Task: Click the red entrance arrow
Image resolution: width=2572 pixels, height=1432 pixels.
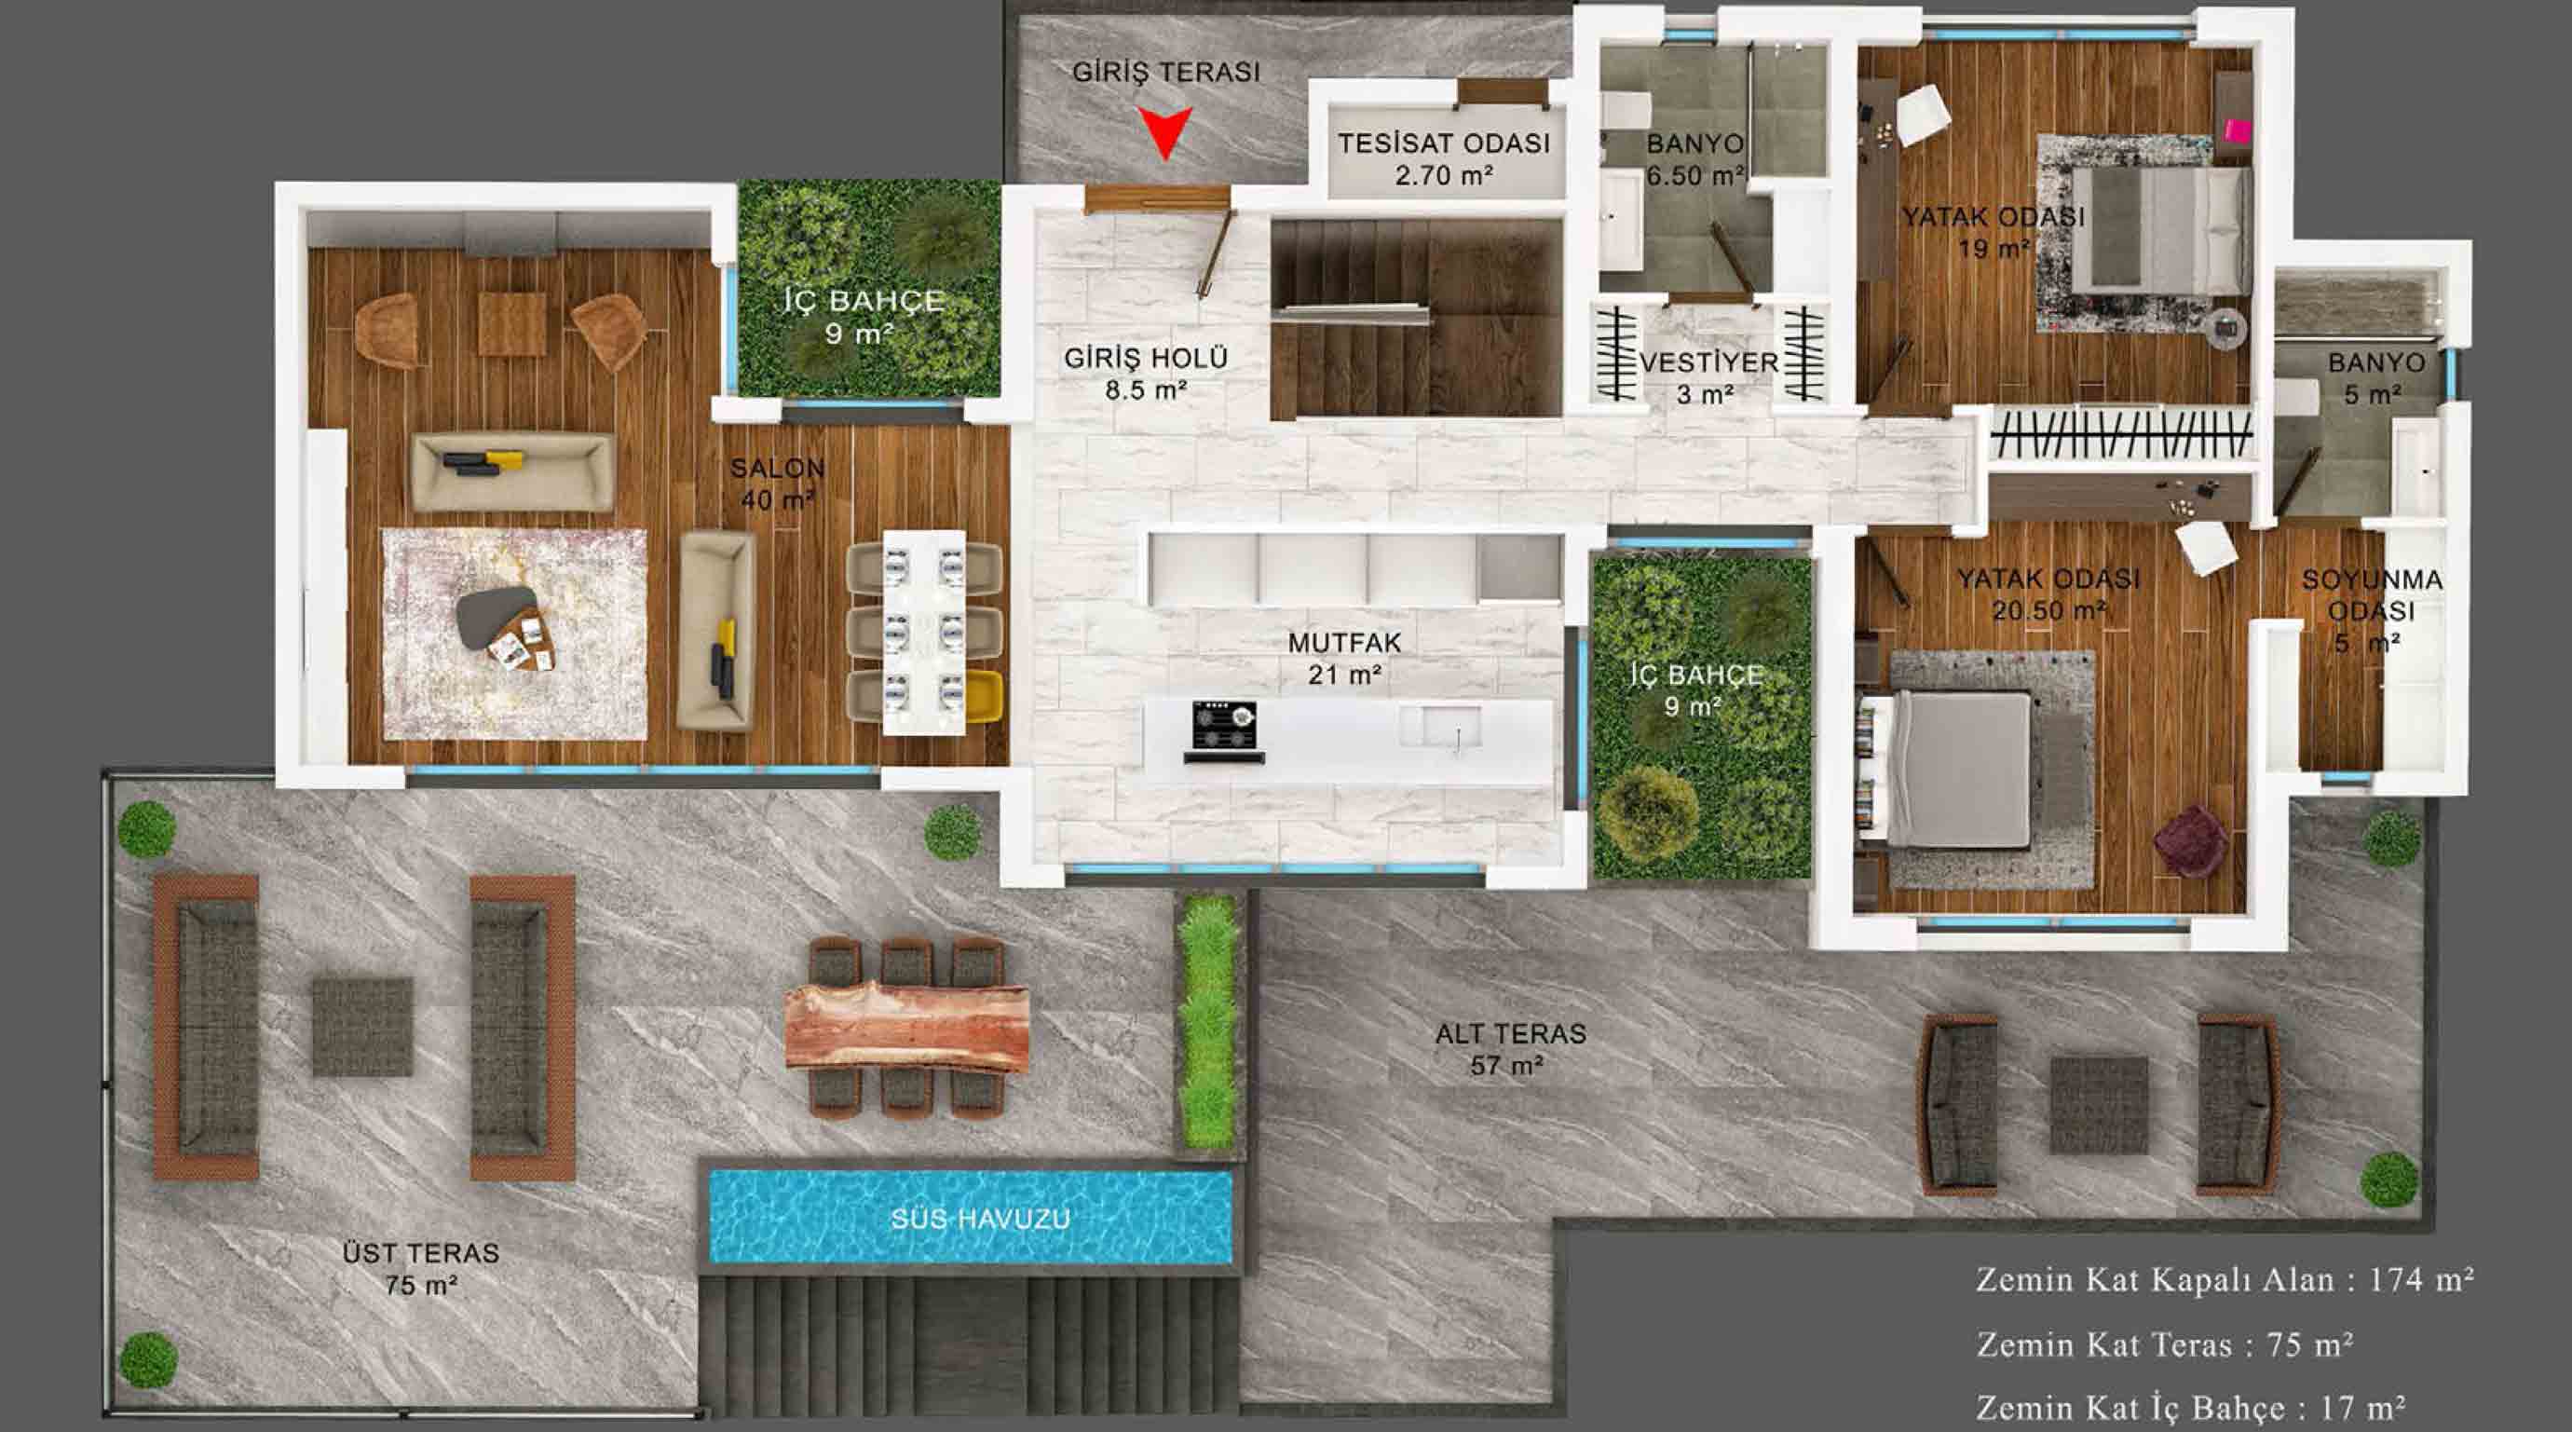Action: click(1165, 131)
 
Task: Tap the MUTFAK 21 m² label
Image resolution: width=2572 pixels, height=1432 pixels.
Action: click(1345, 659)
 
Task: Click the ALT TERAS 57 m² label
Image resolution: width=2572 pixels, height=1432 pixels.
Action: click(1510, 1048)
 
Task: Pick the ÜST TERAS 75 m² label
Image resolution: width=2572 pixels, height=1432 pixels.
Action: click(420, 1268)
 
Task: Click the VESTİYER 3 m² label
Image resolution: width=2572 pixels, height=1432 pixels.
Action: click(1709, 377)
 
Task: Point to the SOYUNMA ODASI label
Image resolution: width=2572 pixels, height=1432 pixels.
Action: click(2374, 595)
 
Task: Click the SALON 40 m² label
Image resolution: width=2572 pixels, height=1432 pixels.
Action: click(778, 484)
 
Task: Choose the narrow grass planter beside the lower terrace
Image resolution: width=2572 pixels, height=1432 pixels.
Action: click(1208, 1020)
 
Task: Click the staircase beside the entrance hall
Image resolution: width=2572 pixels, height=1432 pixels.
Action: click(1416, 318)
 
